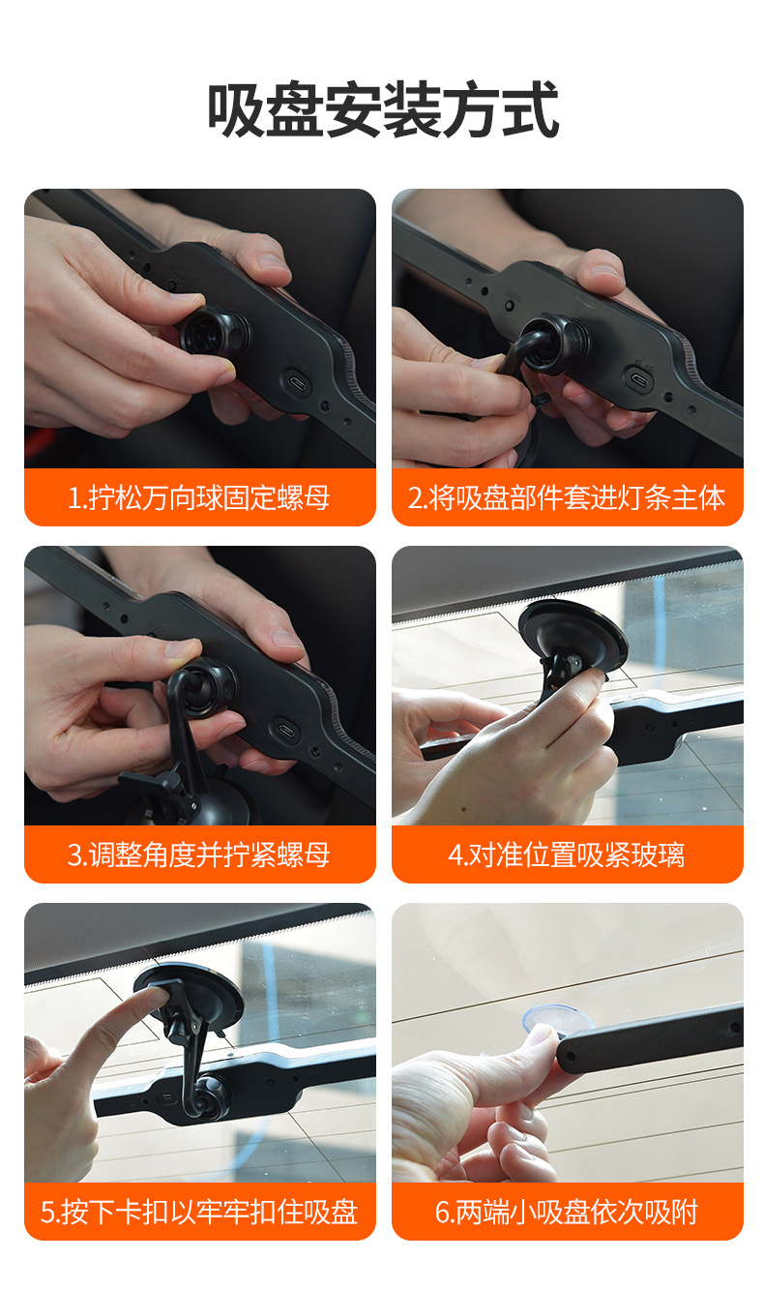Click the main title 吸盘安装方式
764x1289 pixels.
(x=382, y=109)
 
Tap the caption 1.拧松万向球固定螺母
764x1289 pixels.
(x=199, y=497)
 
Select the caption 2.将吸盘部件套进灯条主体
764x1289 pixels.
(x=567, y=497)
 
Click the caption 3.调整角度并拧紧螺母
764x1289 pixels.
(x=199, y=854)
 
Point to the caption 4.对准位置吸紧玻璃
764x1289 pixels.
(x=567, y=854)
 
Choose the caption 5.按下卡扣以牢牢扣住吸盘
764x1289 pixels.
(x=199, y=1212)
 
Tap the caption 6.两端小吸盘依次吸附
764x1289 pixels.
(x=567, y=1212)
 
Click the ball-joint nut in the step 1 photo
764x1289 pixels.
(x=215, y=334)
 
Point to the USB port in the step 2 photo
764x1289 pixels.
(x=638, y=379)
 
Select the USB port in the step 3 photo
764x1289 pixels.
(x=285, y=730)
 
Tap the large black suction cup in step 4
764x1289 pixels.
(x=573, y=637)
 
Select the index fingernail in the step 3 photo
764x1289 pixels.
(x=181, y=648)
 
